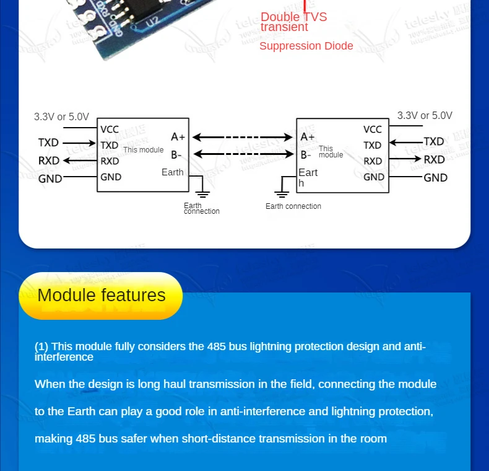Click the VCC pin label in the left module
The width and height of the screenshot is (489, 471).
[110, 130]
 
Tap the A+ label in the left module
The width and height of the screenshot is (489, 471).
[178, 137]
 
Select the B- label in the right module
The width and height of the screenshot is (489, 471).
[306, 155]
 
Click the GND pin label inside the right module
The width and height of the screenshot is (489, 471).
[374, 177]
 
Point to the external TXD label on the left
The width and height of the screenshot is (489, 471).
[48, 143]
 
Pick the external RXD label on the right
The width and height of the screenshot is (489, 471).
[434, 159]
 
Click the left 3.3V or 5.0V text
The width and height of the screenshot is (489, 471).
[61, 117]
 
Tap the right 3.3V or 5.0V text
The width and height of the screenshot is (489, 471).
[425, 115]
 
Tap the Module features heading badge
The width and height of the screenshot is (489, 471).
[101, 295]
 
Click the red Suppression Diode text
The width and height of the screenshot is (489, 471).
[306, 46]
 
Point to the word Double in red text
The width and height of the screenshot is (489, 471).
[277, 17]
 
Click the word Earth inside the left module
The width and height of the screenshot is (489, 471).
[173, 172]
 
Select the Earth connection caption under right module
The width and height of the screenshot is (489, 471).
[293, 206]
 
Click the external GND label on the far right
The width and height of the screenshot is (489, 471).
[435, 177]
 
